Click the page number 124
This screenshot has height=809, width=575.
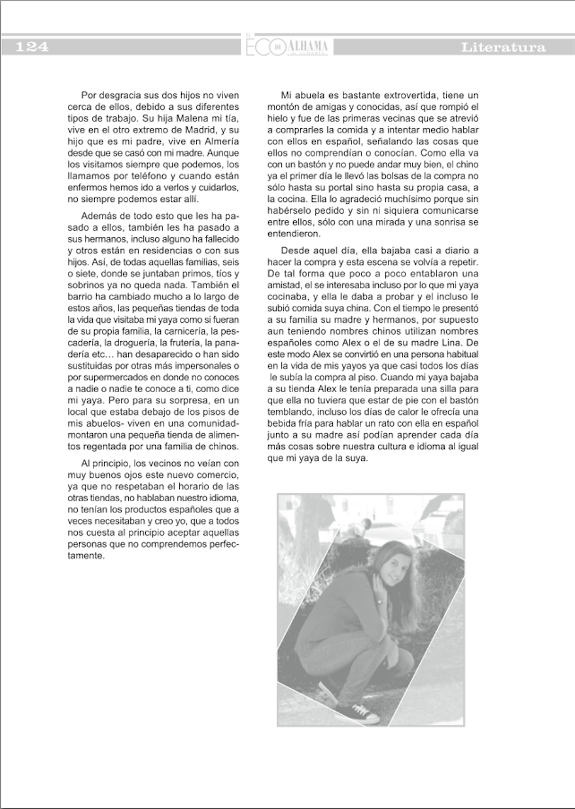point(31,47)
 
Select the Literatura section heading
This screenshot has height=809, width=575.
point(503,48)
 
